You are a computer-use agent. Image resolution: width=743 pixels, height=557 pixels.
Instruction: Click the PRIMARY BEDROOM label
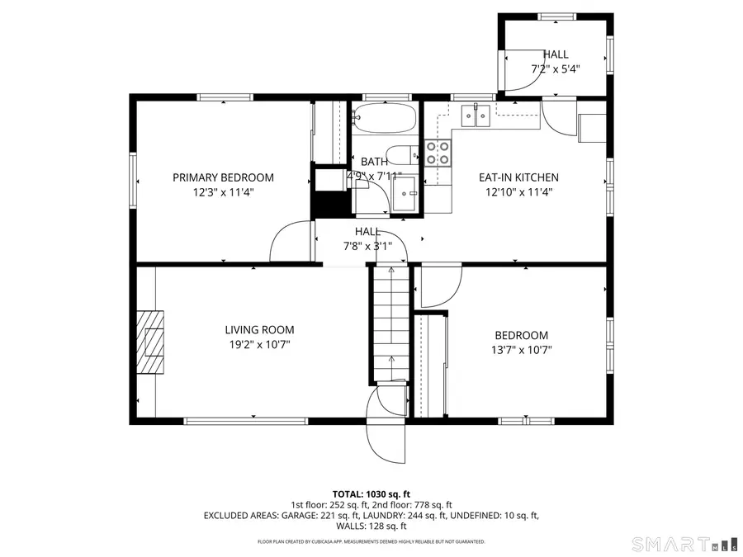click(x=223, y=177)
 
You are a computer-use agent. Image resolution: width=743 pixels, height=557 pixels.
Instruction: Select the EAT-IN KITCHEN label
click(x=519, y=177)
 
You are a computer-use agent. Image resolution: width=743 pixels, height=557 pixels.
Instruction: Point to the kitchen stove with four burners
click(x=438, y=152)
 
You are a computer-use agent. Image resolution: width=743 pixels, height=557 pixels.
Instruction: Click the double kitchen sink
click(x=476, y=116)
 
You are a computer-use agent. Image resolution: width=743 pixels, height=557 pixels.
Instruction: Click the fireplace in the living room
click(x=151, y=342)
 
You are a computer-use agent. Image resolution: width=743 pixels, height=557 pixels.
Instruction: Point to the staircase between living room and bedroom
click(x=389, y=322)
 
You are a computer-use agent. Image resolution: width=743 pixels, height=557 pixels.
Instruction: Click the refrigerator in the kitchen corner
click(x=592, y=129)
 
